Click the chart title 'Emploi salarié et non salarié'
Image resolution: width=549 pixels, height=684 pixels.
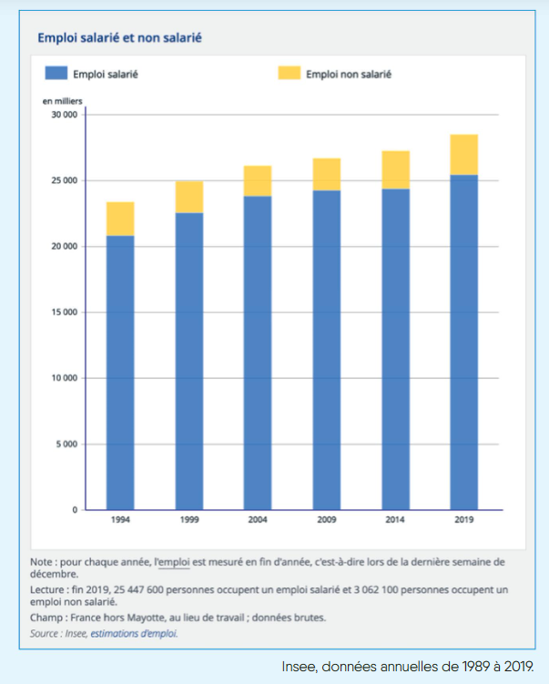coord(119,38)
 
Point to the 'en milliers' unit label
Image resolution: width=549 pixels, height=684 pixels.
coord(62,100)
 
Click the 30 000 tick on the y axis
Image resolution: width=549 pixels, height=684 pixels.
coord(64,115)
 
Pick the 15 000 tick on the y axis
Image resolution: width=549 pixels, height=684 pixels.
coord(64,312)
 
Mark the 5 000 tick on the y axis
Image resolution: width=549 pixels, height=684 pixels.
coord(66,444)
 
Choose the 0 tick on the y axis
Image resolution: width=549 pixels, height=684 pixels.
coord(75,510)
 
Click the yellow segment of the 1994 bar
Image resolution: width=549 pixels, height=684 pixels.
coord(120,219)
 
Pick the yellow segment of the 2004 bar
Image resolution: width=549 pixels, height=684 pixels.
coord(258,181)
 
